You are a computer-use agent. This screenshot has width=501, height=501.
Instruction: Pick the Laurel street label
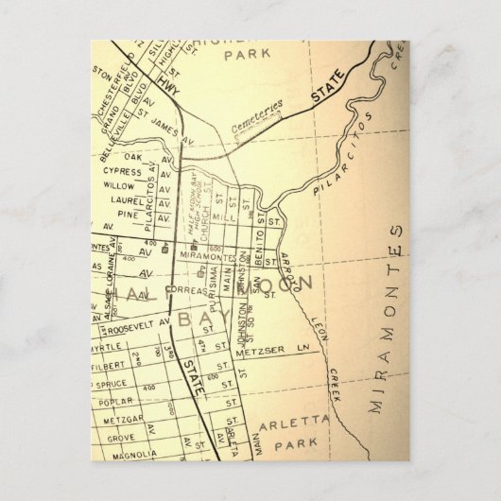[x=118, y=200]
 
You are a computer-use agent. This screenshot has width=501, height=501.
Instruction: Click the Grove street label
[x=119, y=436]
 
